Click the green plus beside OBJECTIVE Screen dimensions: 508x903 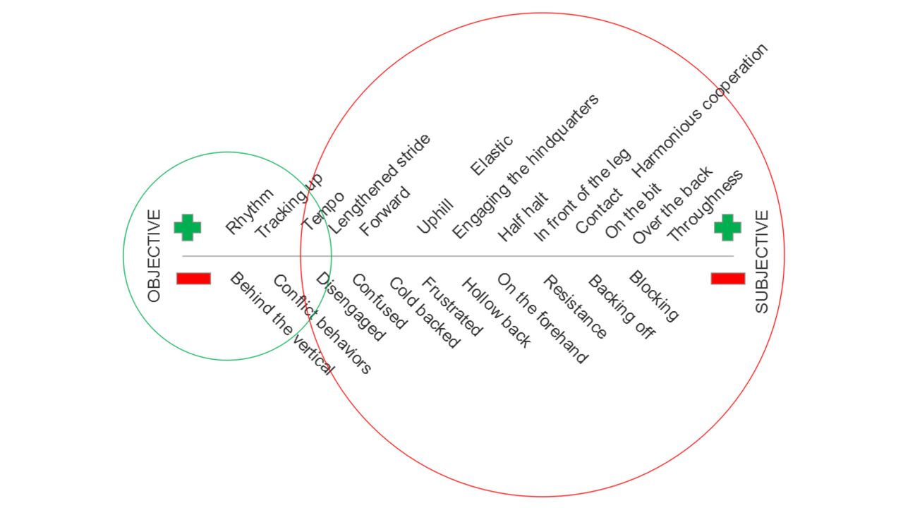(x=188, y=227)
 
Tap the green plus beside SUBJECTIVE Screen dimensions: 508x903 (x=727, y=227)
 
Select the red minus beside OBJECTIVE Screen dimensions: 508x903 (x=193, y=279)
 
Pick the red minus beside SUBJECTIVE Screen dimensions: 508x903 (x=727, y=279)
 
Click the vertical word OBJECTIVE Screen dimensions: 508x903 (x=154, y=255)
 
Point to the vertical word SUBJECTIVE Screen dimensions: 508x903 (x=762, y=262)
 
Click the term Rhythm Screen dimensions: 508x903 (x=250, y=211)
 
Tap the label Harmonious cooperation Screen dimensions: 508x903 (x=699, y=110)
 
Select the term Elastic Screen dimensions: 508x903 (x=492, y=156)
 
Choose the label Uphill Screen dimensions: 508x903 (x=435, y=217)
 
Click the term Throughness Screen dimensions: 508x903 (x=705, y=205)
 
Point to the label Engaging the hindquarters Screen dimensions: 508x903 (x=526, y=167)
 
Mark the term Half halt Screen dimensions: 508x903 (x=523, y=218)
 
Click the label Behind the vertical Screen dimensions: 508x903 (x=281, y=323)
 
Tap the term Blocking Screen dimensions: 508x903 (x=653, y=296)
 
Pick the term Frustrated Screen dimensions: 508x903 (x=452, y=306)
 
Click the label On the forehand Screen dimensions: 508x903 (x=542, y=318)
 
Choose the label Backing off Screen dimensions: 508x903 (x=621, y=308)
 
